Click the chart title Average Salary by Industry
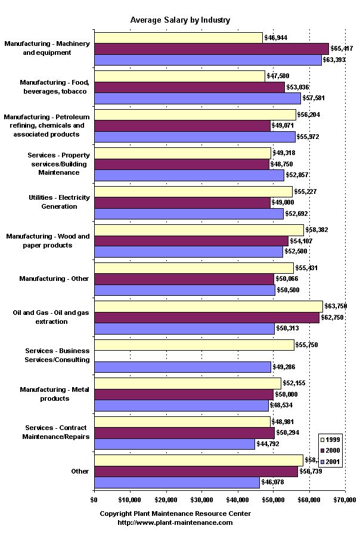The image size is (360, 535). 180,20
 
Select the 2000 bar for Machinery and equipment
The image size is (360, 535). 212,49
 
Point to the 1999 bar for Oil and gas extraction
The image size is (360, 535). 209,306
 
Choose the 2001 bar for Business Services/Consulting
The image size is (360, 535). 182,367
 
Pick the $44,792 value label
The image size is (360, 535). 268,444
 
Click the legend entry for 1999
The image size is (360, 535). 330,440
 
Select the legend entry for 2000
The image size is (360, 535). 330,451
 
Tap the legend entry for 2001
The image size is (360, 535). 330,462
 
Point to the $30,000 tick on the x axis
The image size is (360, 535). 201,499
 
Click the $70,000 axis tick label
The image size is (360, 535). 345,499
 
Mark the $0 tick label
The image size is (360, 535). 94,499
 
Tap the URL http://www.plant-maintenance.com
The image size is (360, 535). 175,522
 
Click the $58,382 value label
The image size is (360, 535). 317,230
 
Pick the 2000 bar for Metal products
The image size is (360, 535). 184,394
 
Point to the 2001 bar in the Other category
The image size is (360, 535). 177,483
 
